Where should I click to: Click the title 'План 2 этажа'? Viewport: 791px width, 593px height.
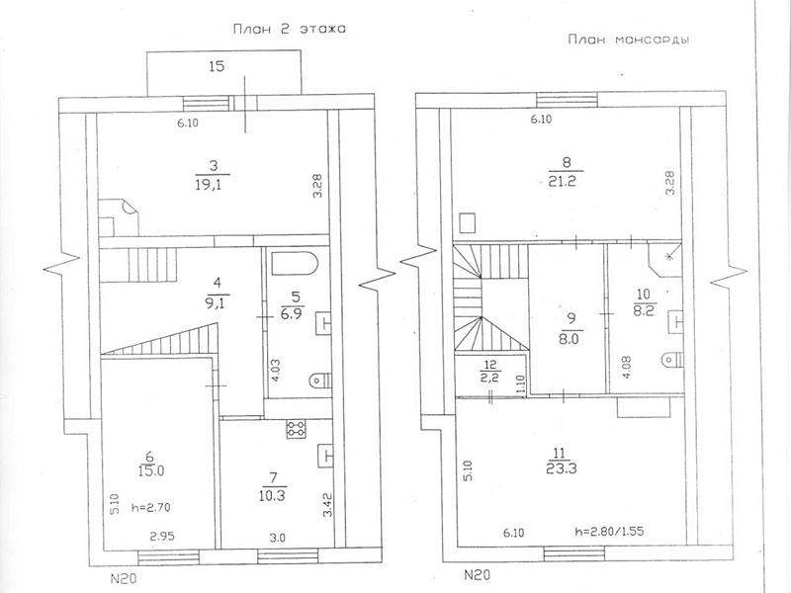tap(289, 29)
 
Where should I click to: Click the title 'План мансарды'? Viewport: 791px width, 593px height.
tap(629, 40)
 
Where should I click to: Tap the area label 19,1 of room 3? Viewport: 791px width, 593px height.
tap(209, 185)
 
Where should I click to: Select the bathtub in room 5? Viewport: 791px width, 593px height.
tap(295, 264)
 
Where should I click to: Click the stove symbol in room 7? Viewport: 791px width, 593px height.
tap(297, 429)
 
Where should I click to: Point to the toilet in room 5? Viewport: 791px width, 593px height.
tap(319, 380)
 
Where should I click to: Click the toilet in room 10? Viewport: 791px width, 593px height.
tap(672, 359)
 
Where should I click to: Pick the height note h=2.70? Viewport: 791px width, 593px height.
tap(150, 508)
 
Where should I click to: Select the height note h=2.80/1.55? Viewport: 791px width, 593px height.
tap(609, 531)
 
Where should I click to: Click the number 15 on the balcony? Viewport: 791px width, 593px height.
tap(217, 66)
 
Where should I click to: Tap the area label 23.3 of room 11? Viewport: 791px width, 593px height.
tap(561, 468)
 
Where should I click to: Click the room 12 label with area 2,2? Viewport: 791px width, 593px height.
tap(489, 372)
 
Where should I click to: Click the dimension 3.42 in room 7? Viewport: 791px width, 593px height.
tap(327, 505)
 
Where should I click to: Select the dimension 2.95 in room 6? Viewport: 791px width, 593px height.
tap(162, 536)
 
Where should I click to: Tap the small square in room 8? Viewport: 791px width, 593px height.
tap(468, 223)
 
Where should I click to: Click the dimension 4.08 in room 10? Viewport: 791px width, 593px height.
tap(626, 368)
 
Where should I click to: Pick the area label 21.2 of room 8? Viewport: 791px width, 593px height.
tap(562, 181)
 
